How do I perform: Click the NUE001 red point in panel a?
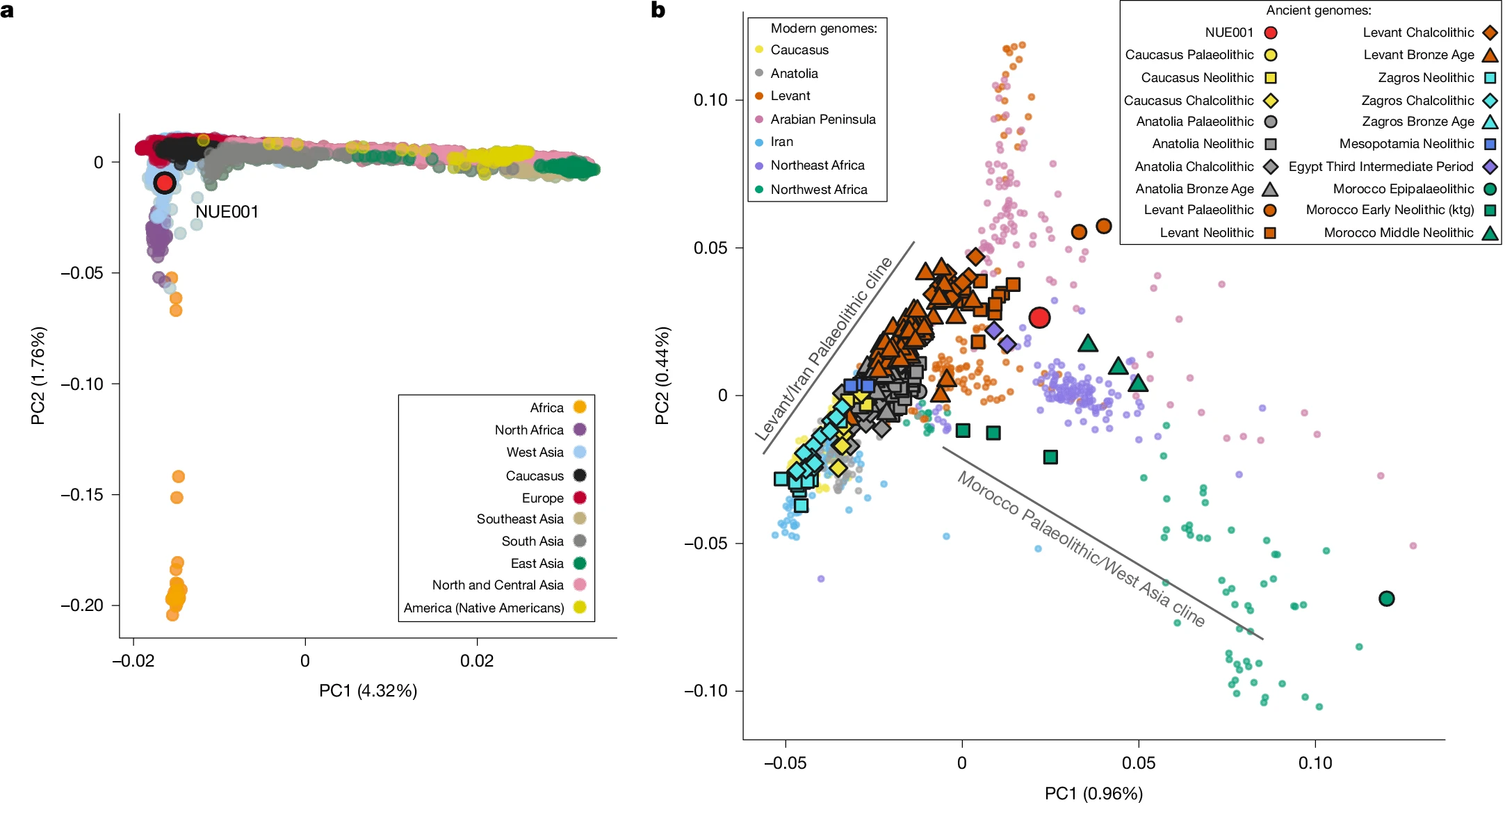click(x=165, y=183)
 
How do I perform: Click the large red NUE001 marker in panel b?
click(x=1039, y=318)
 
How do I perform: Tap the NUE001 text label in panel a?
click(x=227, y=212)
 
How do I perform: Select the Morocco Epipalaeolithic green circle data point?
click(x=1386, y=598)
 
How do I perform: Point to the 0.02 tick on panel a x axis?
click(x=477, y=660)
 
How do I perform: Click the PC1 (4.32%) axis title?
click(x=368, y=691)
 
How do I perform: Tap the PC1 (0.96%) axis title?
click(x=1093, y=794)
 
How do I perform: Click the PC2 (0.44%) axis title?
click(x=662, y=375)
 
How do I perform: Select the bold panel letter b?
click(x=658, y=10)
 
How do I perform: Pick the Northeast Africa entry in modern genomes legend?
click(x=817, y=165)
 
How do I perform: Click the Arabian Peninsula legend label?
click(x=823, y=120)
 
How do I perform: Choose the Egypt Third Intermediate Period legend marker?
click(x=1490, y=167)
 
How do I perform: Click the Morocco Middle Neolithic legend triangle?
click(x=1490, y=233)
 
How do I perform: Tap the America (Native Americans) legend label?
click(x=484, y=608)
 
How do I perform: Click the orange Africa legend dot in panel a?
click(x=579, y=407)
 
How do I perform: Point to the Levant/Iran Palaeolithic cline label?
click(x=824, y=349)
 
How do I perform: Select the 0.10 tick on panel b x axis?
click(x=1315, y=763)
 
